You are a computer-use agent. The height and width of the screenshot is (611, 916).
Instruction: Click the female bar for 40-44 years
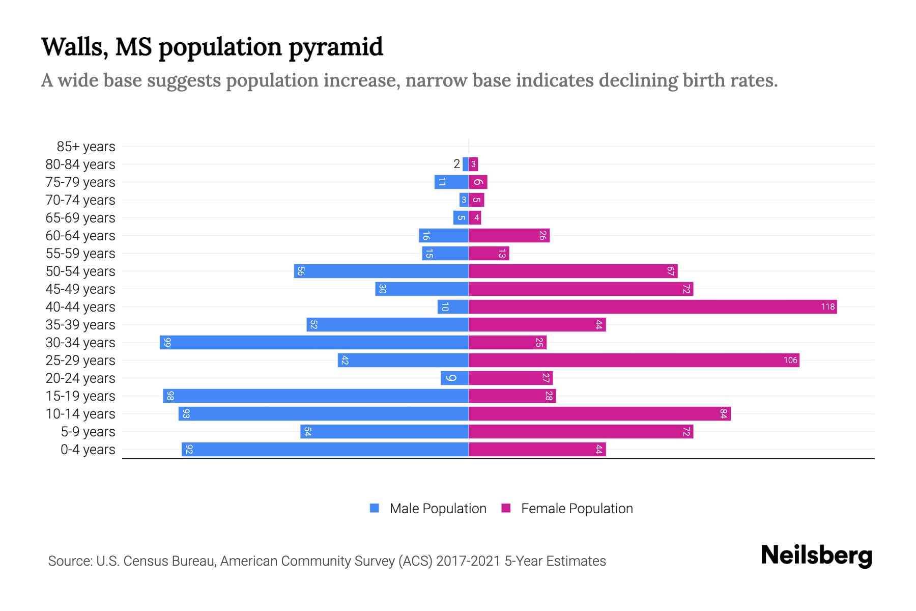(x=652, y=307)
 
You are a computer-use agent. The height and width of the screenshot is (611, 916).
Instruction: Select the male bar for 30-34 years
(x=314, y=342)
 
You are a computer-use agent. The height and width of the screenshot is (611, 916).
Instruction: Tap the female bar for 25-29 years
(x=634, y=360)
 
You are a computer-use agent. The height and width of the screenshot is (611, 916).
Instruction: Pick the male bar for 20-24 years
(x=454, y=378)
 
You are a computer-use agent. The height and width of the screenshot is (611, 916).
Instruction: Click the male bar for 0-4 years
(x=325, y=449)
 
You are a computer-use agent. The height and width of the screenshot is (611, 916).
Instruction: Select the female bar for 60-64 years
(x=509, y=235)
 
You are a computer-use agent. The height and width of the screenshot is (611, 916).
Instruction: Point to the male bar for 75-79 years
(x=451, y=182)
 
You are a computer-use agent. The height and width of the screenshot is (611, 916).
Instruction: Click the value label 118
(x=827, y=307)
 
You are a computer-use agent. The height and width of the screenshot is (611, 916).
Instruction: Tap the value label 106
(x=790, y=360)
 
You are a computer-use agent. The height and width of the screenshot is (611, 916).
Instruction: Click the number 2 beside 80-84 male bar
(x=456, y=164)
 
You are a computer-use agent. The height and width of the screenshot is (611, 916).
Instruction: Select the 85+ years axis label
(x=85, y=147)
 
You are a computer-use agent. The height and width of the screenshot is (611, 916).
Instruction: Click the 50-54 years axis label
(x=80, y=271)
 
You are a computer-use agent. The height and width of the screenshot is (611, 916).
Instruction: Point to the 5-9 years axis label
(x=88, y=432)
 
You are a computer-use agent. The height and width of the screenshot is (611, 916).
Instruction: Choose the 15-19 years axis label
(x=80, y=396)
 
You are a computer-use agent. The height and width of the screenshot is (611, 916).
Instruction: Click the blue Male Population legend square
(x=375, y=508)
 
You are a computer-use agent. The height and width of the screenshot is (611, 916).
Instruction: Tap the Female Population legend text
(x=577, y=509)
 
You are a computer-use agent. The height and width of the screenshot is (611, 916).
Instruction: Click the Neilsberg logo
(x=816, y=556)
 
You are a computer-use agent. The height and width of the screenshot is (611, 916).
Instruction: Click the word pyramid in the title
(x=336, y=47)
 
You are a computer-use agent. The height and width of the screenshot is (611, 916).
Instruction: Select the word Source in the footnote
(x=70, y=561)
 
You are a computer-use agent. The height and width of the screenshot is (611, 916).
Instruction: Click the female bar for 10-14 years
(x=599, y=413)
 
